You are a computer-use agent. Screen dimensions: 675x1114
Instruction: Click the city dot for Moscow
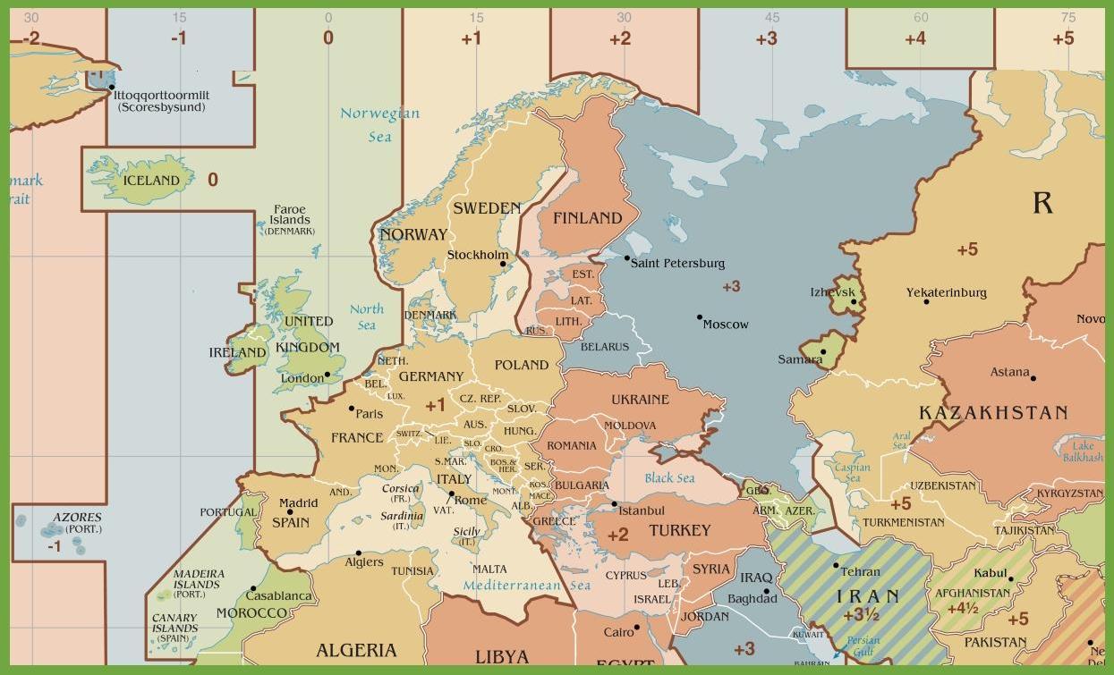[x=700, y=317]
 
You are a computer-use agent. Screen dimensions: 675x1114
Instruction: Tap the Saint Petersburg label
[x=677, y=263]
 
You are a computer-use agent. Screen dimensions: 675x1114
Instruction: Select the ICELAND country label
[x=151, y=181]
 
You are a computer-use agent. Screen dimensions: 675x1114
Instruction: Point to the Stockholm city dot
[x=503, y=264]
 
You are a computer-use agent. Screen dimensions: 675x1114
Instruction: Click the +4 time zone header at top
[x=914, y=39]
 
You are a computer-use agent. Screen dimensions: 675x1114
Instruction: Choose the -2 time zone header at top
[x=31, y=39]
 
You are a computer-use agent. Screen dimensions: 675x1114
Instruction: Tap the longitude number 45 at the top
[x=772, y=17]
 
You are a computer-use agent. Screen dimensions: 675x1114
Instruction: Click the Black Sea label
[x=669, y=477]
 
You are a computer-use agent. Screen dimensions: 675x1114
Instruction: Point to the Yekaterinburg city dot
[x=926, y=301]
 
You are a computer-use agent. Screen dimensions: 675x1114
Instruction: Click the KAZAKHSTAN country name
[x=993, y=413]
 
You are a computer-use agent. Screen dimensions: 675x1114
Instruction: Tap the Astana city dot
[x=1033, y=378]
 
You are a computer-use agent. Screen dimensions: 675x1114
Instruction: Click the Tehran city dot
[x=836, y=565]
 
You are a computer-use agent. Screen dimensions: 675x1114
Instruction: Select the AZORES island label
[x=77, y=517]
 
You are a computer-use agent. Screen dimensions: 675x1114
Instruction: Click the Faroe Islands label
[x=290, y=215]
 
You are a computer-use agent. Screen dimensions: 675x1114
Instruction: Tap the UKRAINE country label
[x=640, y=399]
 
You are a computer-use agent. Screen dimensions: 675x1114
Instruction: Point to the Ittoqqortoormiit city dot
[x=111, y=88]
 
